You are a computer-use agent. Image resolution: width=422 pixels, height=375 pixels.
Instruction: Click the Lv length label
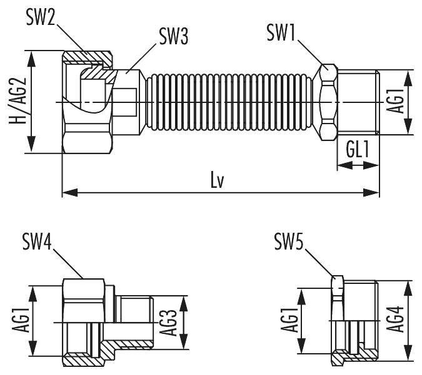pos(218,180)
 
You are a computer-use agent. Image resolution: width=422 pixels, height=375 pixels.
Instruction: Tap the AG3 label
pos(167,322)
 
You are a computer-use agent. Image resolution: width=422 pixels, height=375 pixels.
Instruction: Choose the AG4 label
pos(395,321)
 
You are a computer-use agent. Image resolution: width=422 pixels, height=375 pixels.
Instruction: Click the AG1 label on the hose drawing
pos(394,101)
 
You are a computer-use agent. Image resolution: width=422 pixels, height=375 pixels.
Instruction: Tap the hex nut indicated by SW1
pos(328,101)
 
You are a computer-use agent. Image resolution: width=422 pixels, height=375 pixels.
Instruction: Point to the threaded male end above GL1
pos(358,101)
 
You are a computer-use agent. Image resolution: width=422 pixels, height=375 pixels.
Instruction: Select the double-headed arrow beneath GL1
pos(358,165)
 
